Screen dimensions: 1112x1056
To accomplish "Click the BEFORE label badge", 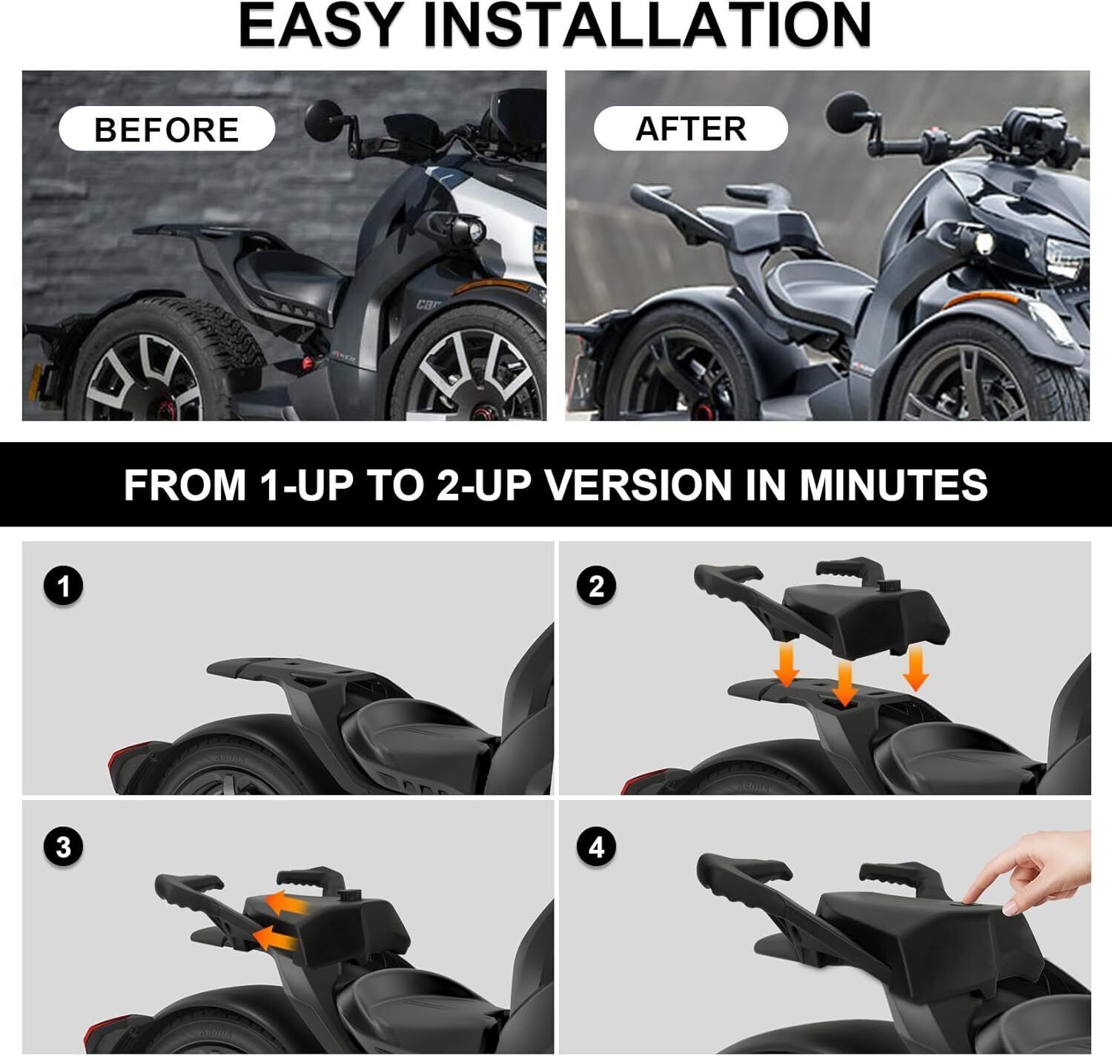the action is point(167,128).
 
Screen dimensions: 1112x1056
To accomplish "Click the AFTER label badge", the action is point(691,128).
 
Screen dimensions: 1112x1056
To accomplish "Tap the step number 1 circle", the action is point(63,586).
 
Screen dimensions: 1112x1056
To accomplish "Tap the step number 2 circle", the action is point(596,586).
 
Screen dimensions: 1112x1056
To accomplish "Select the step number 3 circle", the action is point(63,847).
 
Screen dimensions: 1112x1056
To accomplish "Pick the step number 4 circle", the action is point(596,847).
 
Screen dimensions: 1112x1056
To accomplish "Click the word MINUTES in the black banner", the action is point(893,484).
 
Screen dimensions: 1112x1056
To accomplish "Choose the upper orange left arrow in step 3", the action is point(286,902).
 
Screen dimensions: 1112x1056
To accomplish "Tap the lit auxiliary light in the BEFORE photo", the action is point(474,231).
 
